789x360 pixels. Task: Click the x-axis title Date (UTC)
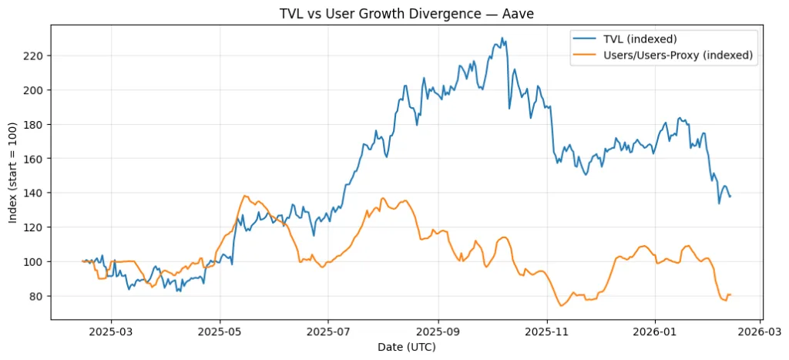[x=406, y=348]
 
